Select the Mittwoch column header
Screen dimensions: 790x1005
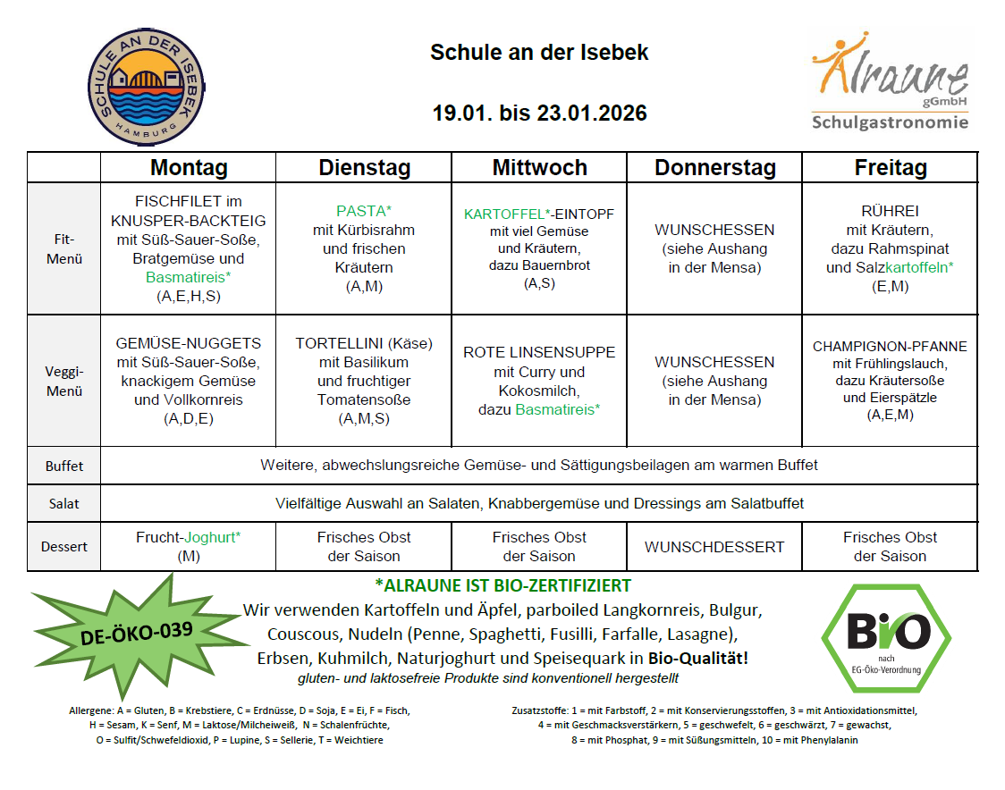(x=539, y=168)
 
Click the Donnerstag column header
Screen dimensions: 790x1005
(x=714, y=168)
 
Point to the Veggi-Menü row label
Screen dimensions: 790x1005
(x=63, y=381)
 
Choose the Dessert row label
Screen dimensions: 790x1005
(x=63, y=547)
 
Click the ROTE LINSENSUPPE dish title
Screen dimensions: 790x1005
(x=539, y=352)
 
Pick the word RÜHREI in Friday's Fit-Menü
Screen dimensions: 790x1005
(x=890, y=212)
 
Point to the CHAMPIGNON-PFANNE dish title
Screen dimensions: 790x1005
(x=890, y=347)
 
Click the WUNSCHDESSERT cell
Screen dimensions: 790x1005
(x=714, y=547)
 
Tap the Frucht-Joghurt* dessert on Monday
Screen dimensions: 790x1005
(x=189, y=538)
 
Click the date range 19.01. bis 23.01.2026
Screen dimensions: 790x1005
(x=539, y=113)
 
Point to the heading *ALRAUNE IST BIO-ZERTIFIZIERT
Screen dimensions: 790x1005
(x=503, y=586)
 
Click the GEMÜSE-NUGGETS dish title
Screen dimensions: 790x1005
(x=189, y=343)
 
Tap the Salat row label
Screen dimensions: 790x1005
(x=63, y=504)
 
